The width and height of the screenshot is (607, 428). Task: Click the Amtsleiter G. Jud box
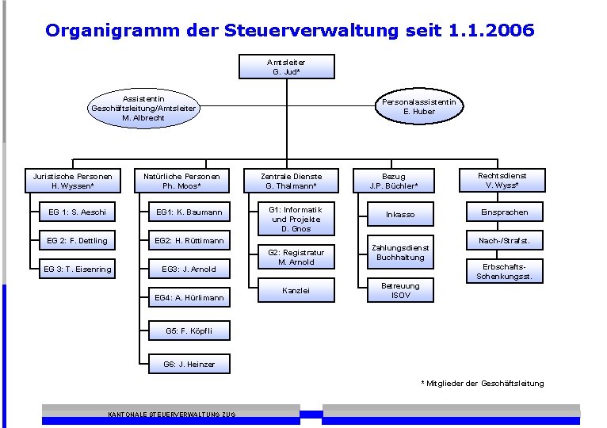(285, 67)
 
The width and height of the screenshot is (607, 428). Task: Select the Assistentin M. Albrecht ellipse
(143, 109)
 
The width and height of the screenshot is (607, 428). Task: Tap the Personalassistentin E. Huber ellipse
(418, 107)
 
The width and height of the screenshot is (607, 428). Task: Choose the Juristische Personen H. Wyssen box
(73, 181)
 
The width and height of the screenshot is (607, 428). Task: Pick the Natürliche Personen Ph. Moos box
(181, 181)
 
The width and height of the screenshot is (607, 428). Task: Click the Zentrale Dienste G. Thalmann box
(292, 181)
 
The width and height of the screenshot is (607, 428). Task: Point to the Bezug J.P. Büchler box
(393, 181)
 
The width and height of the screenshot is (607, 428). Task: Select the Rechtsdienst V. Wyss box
(502, 180)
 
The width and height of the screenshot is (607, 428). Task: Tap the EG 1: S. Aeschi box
(77, 212)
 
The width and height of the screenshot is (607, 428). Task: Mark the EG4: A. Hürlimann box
(189, 298)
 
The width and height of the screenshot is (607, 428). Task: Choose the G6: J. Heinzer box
(189, 365)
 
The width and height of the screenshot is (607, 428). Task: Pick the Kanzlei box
(296, 291)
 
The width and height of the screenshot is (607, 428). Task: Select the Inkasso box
(399, 214)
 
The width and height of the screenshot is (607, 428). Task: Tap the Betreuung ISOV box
(400, 290)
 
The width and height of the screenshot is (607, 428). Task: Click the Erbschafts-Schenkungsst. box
(508, 272)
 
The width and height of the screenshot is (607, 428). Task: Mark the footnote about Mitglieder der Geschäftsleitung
(482, 384)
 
